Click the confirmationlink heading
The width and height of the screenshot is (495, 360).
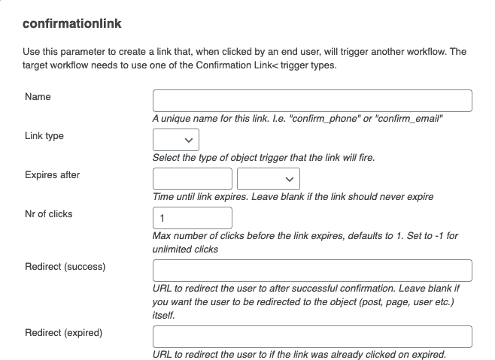pyautogui.click(x=72, y=23)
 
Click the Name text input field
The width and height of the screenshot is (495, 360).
pyautogui.click(x=312, y=101)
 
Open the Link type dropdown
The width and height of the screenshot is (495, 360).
pyautogui.click(x=176, y=140)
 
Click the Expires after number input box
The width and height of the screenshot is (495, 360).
pyautogui.click(x=193, y=179)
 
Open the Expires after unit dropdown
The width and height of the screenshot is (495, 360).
pyautogui.click(x=269, y=179)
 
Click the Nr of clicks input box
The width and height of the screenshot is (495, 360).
pyautogui.click(x=193, y=218)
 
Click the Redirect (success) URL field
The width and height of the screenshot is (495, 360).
pyautogui.click(x=312, y=271)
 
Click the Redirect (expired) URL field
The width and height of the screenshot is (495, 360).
pyautogui.click(x=312, y=336)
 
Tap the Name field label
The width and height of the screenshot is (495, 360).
pyautogui.click(x=38, y=97)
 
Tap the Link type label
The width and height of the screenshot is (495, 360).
pyautogui.click(x=44, y=136)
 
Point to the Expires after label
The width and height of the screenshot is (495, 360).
pyautogui.click(x=53, y=175)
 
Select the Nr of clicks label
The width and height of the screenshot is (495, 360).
pyautogui.click(x=49, y=214)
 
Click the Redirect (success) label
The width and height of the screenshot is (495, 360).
pyautogui.click(x=65, y=267)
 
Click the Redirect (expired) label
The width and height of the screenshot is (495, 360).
pyautogui.click(x=64, y=332)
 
